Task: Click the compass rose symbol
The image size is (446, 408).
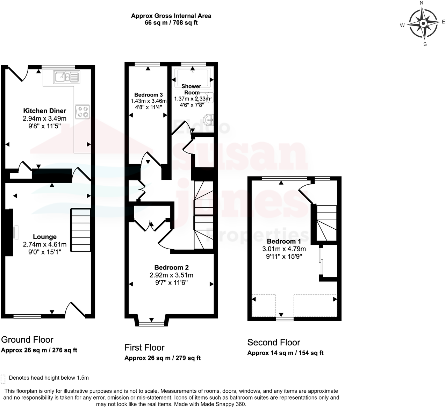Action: click(423, 23)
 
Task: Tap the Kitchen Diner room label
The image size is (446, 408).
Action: click(44, 111)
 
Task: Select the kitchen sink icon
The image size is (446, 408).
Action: click(66, 77)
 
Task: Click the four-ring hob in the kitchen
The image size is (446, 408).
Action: click(82, 112)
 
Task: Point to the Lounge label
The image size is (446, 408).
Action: click(45, 237)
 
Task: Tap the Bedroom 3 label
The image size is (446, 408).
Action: click(149, 95)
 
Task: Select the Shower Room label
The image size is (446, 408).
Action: click(191, 89)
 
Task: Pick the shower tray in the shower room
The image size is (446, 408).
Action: click(193, 77)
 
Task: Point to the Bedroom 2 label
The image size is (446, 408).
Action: click(171, 267)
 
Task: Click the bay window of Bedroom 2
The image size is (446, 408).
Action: click(151, 322)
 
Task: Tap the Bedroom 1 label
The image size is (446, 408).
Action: click(284, 241)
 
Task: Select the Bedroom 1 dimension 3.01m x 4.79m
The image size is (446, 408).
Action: click(284, 249)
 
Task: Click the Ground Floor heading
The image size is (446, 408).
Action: click(27, 339)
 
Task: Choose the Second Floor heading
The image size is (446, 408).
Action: click(274, 342)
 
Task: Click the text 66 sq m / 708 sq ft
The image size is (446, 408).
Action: click(171, 23)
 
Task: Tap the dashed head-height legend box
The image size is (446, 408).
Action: click(3, 379)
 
